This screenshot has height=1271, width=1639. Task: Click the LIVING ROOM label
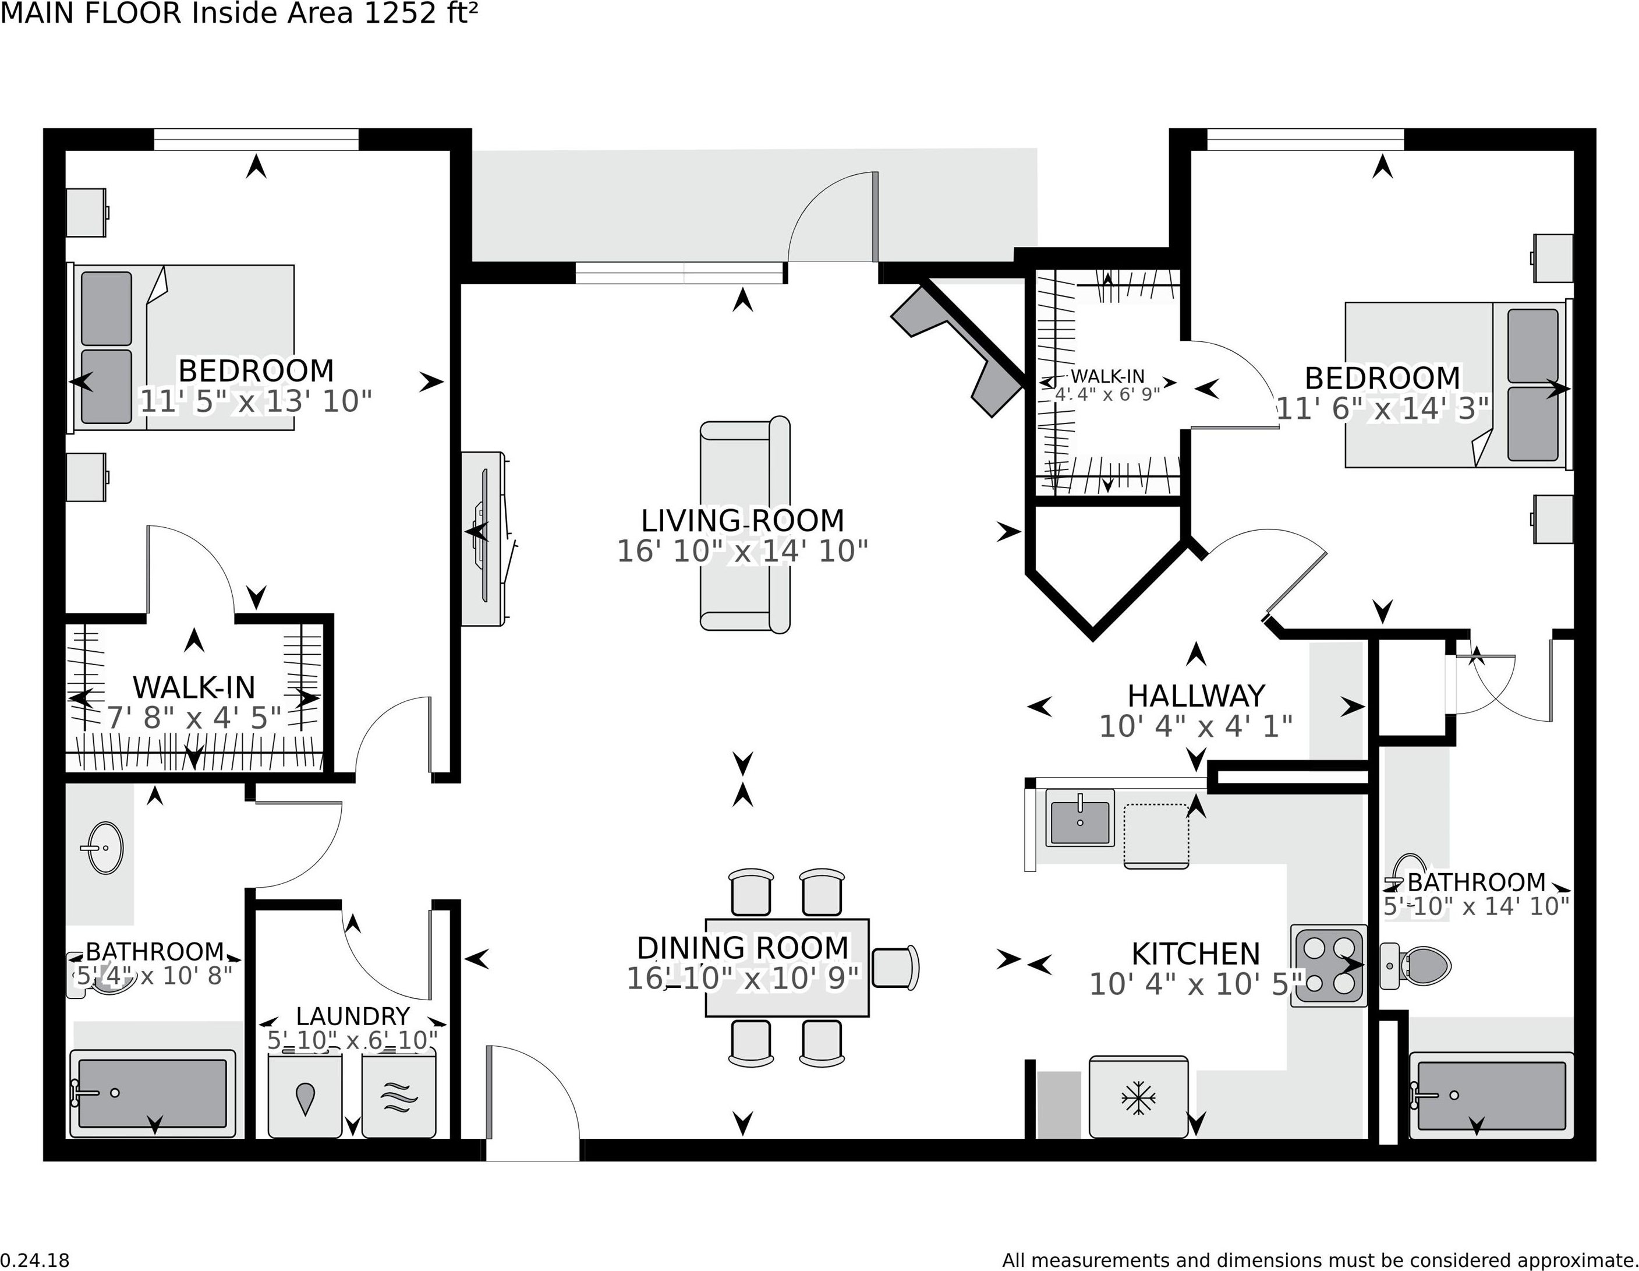point(742,520)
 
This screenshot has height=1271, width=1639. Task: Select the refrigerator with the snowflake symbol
point(1138,1097)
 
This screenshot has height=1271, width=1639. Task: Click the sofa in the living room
point(745,525)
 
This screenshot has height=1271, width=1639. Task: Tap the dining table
point(787,968)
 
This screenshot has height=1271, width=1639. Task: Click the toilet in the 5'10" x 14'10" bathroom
point(1415,965)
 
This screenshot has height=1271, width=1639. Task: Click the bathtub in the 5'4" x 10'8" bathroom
point(153,1093)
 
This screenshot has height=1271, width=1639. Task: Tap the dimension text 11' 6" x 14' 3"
point(1382,409)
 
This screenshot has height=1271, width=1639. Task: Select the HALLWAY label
point(1196,696)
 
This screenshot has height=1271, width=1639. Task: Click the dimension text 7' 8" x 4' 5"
point(194,718)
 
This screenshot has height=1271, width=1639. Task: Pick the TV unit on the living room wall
point(486,538)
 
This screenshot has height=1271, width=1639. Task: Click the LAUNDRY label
point(353,1016)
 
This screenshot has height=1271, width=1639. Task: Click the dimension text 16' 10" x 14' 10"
point(742,551)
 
